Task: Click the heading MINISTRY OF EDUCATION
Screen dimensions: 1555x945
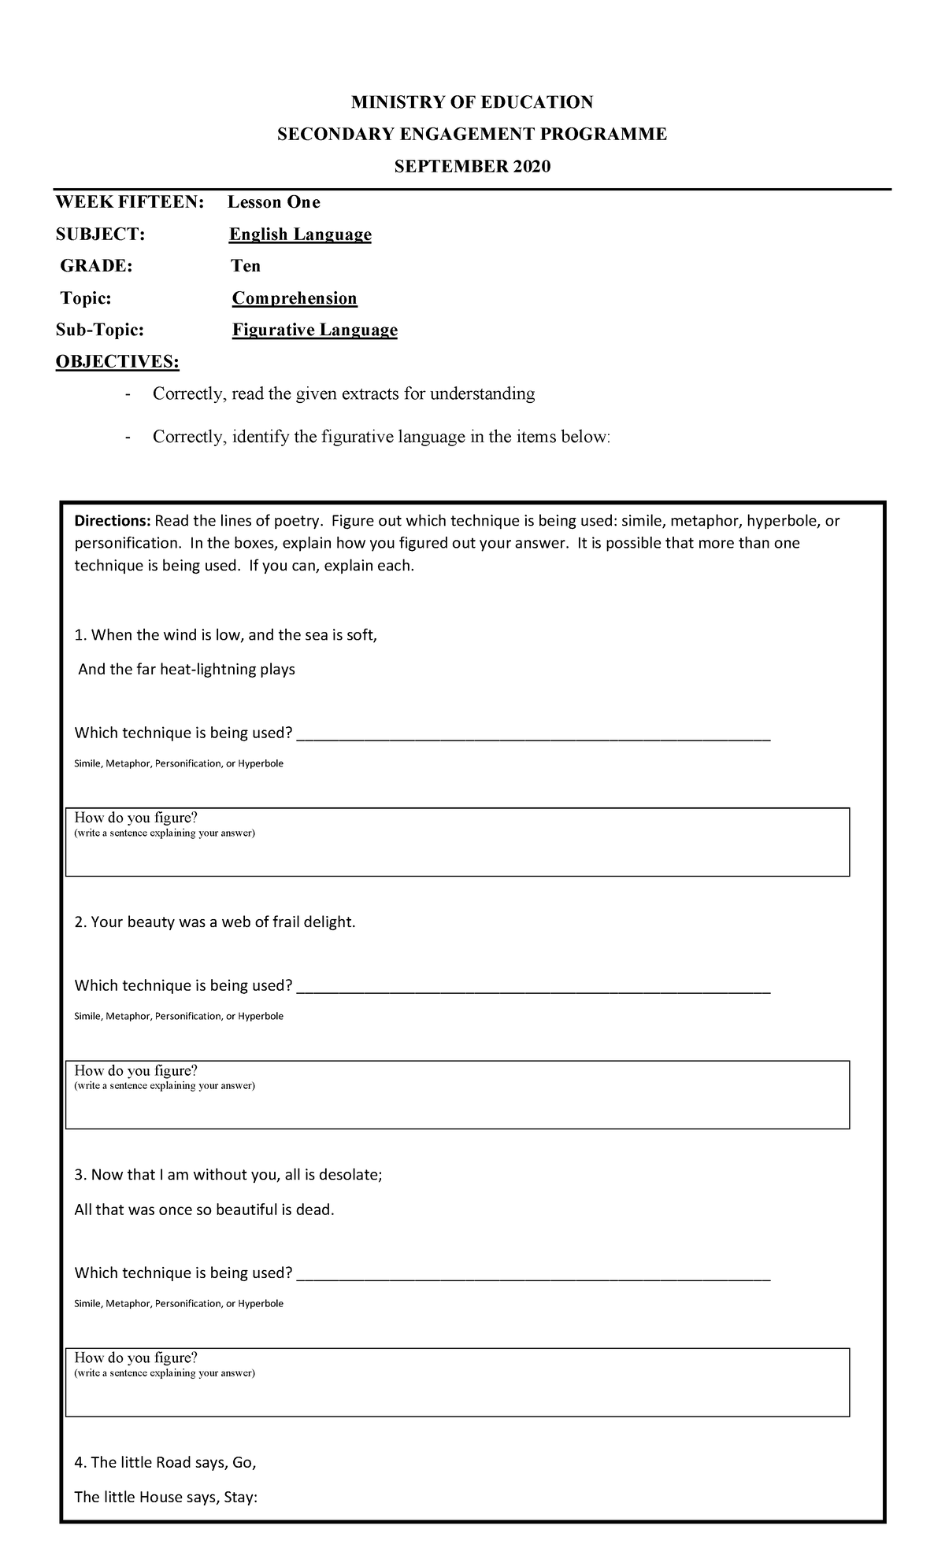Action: pos(472,102)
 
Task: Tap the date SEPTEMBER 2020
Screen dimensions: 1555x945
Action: pos(472,167)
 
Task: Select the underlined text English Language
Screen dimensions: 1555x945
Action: pos(300,235)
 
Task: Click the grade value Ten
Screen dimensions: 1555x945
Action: pos(246,266)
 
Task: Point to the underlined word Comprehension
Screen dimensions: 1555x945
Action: pos(295,298)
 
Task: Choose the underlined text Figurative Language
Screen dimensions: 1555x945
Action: pos(314,330)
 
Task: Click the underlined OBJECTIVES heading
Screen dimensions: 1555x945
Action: pos(117,362)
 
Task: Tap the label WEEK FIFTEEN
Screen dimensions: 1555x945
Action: pos(128,202)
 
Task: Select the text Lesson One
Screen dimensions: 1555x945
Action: pos(274,202)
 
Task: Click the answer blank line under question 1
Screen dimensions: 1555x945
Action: pos(533,737)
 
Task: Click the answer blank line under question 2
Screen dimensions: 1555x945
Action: pos(533,989)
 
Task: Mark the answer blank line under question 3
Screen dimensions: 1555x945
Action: pos(533,1276)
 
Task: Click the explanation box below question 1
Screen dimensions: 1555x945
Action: pos(457,842)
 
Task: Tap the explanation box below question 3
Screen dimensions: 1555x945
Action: pos(457,1383)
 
